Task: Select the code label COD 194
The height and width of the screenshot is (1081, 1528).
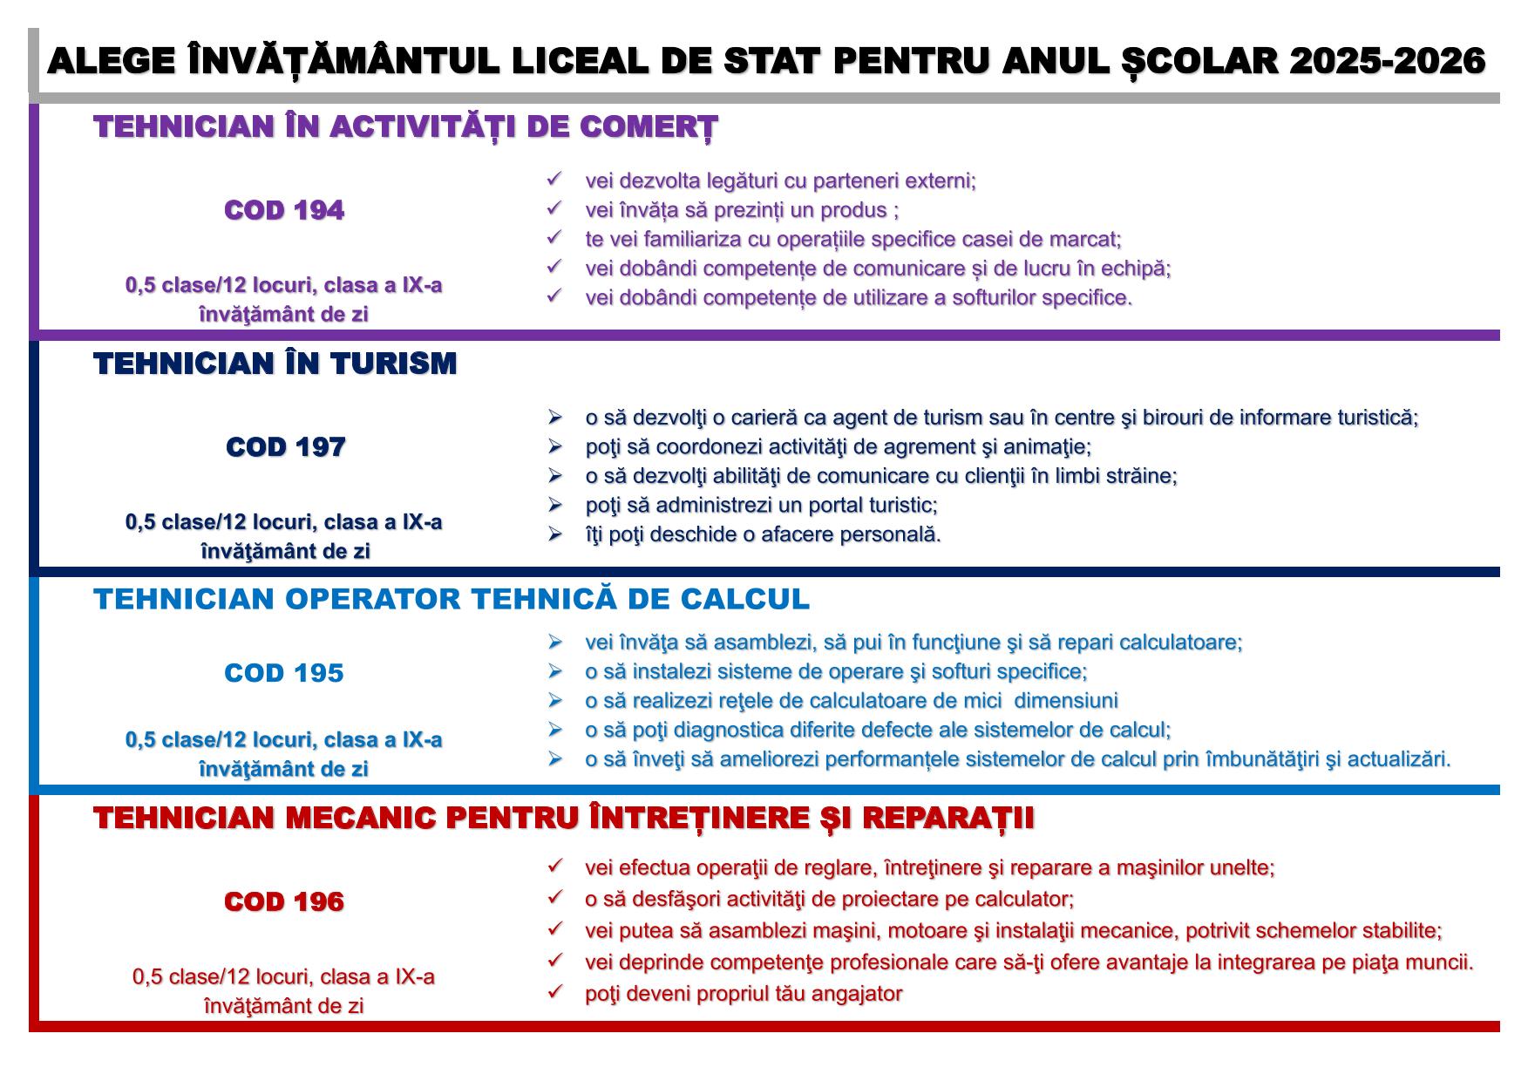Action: [x=284, y=210]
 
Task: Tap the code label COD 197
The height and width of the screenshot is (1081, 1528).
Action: [x=285, y=447]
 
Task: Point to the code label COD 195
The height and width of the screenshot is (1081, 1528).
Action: [x=284, y=673]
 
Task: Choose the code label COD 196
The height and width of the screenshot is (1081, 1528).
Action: [x=284, y=901]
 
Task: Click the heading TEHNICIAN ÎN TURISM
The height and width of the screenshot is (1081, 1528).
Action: [x=275, y=364]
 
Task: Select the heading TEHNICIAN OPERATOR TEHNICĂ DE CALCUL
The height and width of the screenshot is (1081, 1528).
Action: [x=452, y=600]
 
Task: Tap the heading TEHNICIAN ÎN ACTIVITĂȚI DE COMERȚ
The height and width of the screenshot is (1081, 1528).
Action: [x=405, y=127]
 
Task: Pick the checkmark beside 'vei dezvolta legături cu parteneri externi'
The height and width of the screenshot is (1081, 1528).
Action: [x=554, y=180]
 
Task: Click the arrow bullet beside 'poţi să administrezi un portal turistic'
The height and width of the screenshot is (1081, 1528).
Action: [x=554, y=505]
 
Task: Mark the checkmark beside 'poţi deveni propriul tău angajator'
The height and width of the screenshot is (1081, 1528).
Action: [x=554, y=992]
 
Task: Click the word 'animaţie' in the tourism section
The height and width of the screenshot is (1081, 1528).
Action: [x=1051, y=447]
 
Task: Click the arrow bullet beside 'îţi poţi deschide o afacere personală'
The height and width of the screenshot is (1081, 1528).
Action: [x=554, y=534]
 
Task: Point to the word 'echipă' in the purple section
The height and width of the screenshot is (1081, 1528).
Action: [x=1137, y=269]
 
